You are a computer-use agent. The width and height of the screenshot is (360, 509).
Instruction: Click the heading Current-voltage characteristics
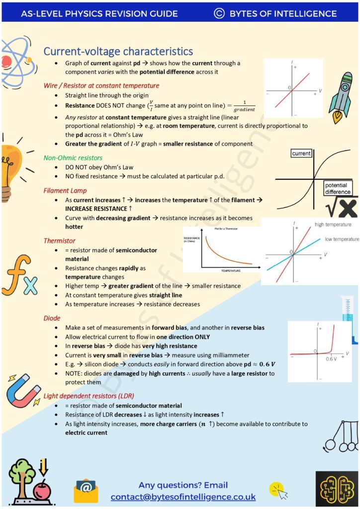(118, 51)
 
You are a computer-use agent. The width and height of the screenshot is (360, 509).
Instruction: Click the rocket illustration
(339, 96)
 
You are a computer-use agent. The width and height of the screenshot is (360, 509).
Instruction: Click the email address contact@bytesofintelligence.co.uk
(183, 497)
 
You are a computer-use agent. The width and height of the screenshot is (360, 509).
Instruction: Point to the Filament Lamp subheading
(65, 190)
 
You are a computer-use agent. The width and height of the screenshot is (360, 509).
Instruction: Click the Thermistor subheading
(60, 241)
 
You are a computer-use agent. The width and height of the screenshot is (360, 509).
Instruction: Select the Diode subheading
(52, 318)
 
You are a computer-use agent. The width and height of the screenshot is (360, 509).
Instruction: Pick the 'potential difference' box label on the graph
(338, 188)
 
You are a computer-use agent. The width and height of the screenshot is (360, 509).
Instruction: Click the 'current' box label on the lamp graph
(301, 154)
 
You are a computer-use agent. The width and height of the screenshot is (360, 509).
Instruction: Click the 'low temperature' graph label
(342, 239)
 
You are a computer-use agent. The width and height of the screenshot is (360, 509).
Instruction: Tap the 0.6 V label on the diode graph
(332, 359)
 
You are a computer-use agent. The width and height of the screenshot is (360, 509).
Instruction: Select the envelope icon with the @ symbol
(86, 491)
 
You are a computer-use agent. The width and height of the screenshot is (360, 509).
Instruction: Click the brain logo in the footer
(336, 489)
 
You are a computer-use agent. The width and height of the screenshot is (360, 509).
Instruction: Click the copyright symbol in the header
(219, 13)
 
